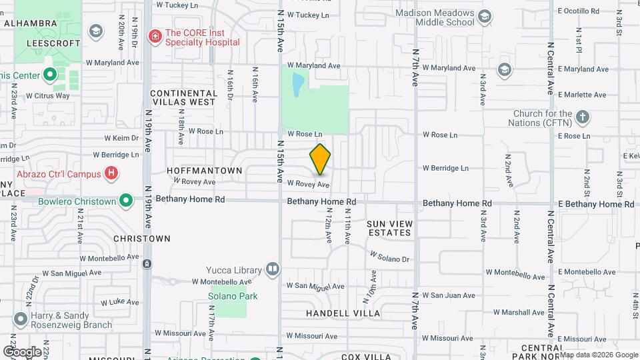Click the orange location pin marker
[320, 159]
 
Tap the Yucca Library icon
[272, 269]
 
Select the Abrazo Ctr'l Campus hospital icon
[112, 174]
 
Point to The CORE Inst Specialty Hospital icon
[155, 35]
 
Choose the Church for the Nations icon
[583, 117]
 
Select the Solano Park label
[231, 296]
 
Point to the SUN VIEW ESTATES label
[390, 228]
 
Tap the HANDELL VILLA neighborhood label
[343, 313]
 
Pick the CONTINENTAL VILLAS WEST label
[183, 97]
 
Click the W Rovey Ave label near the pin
[308, 184]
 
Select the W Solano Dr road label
[389, 257]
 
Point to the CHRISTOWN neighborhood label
[142, 238]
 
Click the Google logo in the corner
[21, 351]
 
